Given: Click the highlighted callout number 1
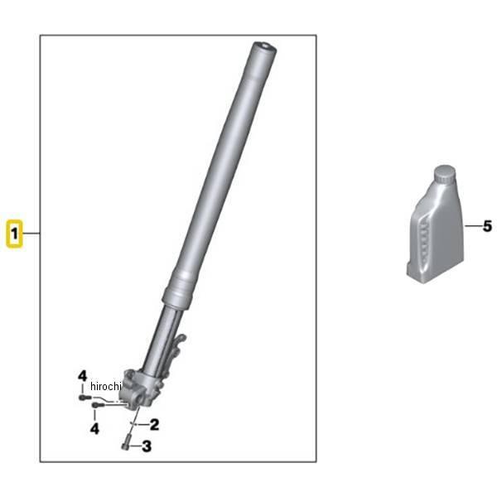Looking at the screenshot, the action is pos(14,234).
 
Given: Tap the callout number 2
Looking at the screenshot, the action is pos(154,424).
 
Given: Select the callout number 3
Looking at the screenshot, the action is pos(147,446).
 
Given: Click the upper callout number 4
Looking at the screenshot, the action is pos(82,376).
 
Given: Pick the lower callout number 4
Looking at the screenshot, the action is pos(94,428).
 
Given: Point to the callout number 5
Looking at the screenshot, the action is pos(487,226).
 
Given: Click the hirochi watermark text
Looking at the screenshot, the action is pos(106,386).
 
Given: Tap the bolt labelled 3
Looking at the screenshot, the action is pos(125,442).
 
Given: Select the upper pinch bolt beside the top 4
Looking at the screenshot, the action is pos(84,397).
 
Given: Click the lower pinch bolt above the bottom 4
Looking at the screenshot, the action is pos(98,404).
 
